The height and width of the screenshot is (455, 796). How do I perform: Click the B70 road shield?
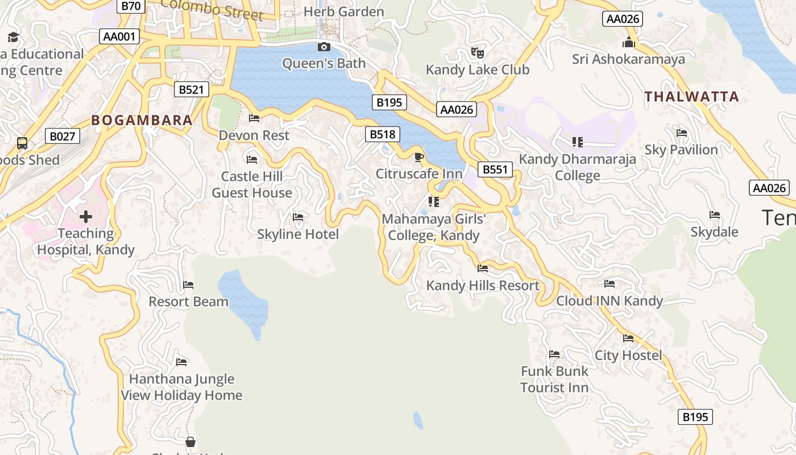[131, 6]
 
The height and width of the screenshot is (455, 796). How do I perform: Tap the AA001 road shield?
[119, 37]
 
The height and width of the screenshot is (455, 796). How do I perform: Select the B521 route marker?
[191, 89]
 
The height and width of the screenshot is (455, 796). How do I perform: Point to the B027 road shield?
[63, 136]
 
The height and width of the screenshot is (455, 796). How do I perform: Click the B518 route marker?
[382, 134]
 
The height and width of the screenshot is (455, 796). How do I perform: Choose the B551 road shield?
[495, 169]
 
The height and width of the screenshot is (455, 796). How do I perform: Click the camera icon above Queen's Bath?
[324, 47]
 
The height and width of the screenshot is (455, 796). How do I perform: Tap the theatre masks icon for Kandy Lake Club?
[478, 53]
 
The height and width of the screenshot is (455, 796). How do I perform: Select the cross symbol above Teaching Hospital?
[86, 217]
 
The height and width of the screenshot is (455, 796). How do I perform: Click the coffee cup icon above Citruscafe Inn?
[419, 157]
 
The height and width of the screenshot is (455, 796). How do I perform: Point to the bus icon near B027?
[22, 143]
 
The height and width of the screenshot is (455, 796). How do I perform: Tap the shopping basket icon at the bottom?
[190, 442]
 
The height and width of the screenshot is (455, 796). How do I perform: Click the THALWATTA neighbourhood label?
[691, 97]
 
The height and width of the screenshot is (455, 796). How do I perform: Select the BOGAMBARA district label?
[142, 121]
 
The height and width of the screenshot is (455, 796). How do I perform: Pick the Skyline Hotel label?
[298, 234]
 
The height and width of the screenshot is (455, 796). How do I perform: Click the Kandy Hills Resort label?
[483, 286]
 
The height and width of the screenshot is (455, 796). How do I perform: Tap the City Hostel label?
[628, 355]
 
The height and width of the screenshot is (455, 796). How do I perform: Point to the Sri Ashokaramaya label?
[628, 59]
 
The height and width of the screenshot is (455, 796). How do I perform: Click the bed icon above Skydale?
[715, 215]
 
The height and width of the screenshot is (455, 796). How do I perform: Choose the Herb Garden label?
[344, 11]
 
